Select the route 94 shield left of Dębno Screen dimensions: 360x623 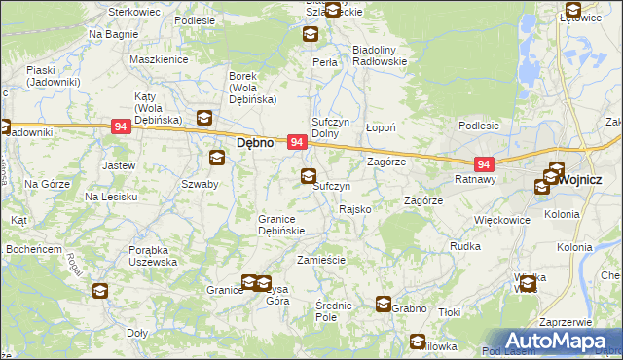121,126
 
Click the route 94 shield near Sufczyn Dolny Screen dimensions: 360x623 298,143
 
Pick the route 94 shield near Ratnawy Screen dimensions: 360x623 485,164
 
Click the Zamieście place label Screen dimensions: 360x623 321,261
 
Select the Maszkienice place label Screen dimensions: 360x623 158,59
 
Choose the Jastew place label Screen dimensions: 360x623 118,165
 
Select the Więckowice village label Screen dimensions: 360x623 501,221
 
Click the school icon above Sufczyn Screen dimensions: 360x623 309,176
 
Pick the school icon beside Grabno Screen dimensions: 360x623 384,305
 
